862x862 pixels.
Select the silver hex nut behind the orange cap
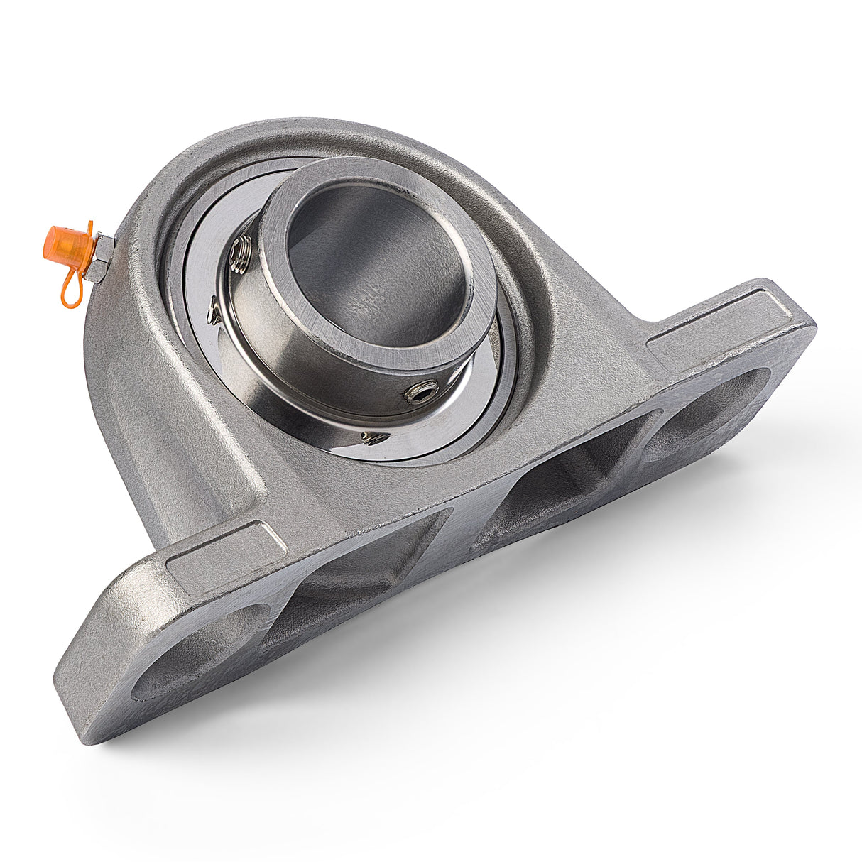click(x=99, y=257)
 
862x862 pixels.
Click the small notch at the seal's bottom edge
click(x=373, y=437)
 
